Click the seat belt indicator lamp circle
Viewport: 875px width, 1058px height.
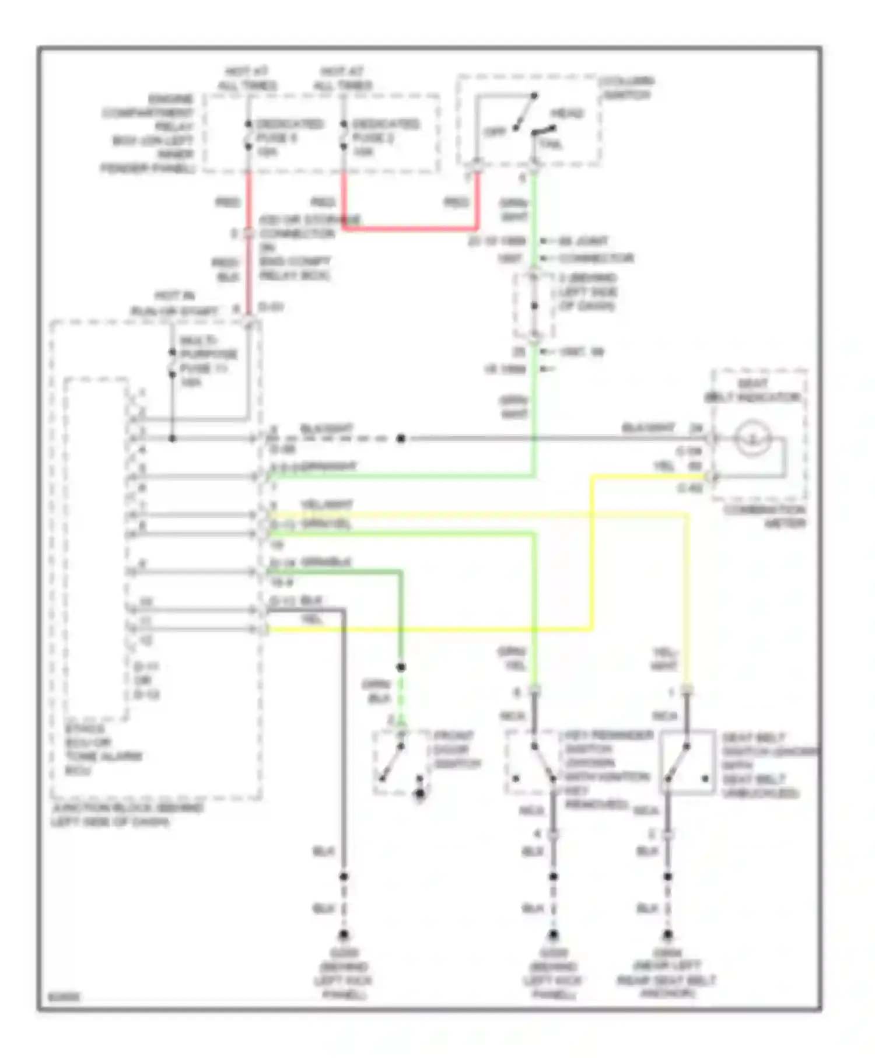pyautogui.click(x=752, y=438)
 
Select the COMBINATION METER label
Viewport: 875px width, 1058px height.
pyautogui.click(x=764, y=517)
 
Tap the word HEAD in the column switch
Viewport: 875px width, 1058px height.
pyautogui.click(x=566, y=113)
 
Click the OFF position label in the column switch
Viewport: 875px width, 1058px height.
pyautogui.click(x=495, y=132)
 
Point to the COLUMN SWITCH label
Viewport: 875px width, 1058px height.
pyautogui.click(x=627, y=87)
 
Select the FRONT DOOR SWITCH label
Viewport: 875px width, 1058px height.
pyautogui.click(x=456, y=749)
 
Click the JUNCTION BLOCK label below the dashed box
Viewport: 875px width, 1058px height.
pyautogui.click(x=127, y=815)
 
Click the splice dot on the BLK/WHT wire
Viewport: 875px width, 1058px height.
pyautogui.click(x=401, y=439)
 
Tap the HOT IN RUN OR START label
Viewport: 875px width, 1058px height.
pyautogui.click(x=174, y=303)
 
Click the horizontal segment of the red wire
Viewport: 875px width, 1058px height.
pyautogui.click(x=408, y=229)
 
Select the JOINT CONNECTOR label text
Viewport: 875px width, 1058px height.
pyautogui.click(x=595, y=250)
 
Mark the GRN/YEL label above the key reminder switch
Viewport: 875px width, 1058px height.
pyautogui.click(x=512, y=658)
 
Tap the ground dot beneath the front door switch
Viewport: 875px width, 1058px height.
pyautogui.click(x=419, y=794)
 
